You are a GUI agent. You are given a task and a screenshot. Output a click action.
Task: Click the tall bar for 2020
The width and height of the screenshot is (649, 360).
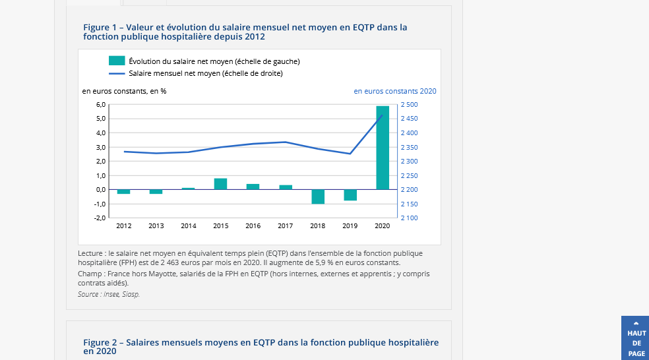pyautogui.click(x=383, y=148)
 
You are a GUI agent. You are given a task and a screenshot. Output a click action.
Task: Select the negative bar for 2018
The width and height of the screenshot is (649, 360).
pyautogui.click(x=318, y=196)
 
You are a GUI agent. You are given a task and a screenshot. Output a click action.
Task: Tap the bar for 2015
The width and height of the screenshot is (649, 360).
pyautogui.click(x=221, y=184)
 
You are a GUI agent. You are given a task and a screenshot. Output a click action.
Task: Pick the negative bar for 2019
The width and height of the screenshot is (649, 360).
pyautogui.click(x=350, y=195)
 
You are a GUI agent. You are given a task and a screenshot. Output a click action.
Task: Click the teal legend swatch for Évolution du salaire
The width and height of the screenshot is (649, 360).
pyautogui.click(x=117, y=61)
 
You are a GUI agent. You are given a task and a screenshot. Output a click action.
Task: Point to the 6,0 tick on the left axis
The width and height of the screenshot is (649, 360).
pyautogui.click(x=100, y=105)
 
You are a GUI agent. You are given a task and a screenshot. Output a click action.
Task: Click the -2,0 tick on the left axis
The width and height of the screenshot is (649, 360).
pyautogui.click(x=100, y=218)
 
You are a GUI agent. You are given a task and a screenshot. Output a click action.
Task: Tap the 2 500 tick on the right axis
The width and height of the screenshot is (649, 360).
pyautogui.click(x=409, y=105)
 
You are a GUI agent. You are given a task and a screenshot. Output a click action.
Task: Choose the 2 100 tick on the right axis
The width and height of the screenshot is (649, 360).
pyautogui.click(x=409, y=218)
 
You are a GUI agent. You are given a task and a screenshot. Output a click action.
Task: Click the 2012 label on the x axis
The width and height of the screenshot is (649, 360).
pyautogui.click(x=124, y=226)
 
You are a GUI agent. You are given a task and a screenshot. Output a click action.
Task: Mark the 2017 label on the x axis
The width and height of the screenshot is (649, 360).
pyautogui.click(x=286, y=226)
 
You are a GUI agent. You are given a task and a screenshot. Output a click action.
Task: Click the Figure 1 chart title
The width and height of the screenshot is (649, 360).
pyautogui.click(x=245, y=32)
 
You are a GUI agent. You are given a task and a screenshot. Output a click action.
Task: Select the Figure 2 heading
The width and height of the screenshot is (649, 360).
pyautogui.click(x=261, y=347)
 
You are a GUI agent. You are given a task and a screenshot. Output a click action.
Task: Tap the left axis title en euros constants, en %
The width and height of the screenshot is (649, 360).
pyautogui.click(x=124, y=91)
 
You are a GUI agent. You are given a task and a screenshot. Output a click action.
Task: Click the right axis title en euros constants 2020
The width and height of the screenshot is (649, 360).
pyautogui.click(x=395, y=91)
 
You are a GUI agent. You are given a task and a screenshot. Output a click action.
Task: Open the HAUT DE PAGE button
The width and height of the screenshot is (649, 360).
pyautogui.click(x=636, y=339)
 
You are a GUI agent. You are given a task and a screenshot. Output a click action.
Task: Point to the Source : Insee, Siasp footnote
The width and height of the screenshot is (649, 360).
pyautogui.click(x=109, y=294)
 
